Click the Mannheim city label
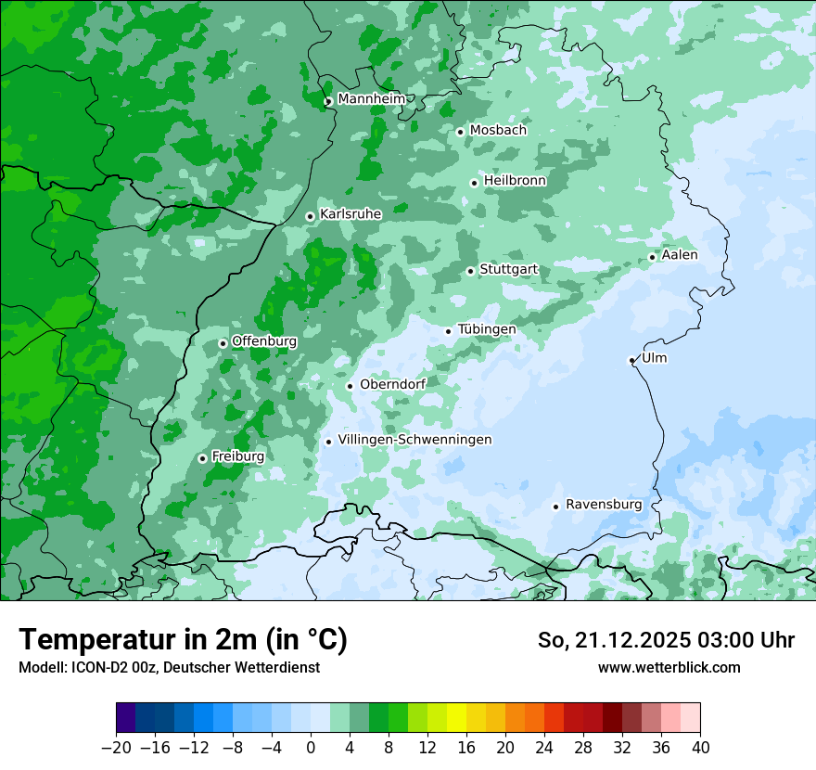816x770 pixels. [x=371, y=99]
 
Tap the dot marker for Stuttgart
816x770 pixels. [x=471, y=271]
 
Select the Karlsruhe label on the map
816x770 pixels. [x=351, y=214]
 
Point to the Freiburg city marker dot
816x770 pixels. [x=202, y=458]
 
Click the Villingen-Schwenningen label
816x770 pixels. [x=414, y=440]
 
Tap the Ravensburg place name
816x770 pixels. [x=604, y=505]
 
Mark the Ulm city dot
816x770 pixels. [x=632, y=360]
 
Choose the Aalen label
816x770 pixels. [x=680, y=255]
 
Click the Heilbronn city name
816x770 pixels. [x=515, y=181]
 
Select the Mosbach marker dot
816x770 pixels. [x=460, y=132]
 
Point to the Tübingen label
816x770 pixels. [x=487, y=329]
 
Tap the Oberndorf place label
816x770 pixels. [x=392, y=385]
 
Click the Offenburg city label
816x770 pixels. [x=264, y=341]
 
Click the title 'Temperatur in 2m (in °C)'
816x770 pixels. [x=183, y=640]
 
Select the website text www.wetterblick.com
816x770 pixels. [x=669, y=667]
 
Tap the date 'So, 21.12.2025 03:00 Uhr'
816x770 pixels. [x=666, y=640]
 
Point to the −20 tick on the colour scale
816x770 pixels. [x=116, y=748]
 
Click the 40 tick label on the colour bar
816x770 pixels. [x=700, y=748]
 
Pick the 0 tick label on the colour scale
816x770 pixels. [x=311, y=748]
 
